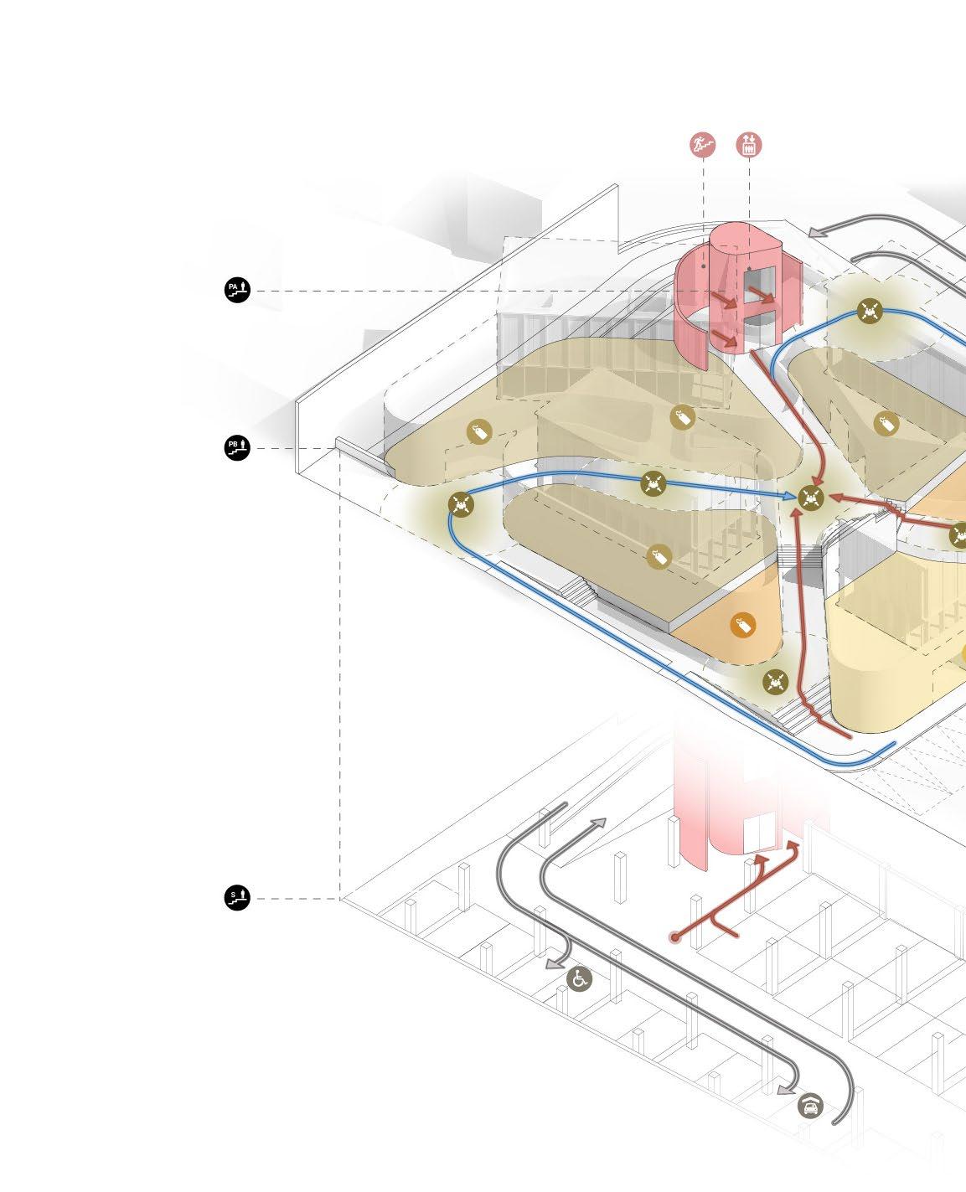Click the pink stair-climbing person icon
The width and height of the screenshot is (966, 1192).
click(704, 145)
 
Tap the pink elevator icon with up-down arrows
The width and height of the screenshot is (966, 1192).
click(749, 145)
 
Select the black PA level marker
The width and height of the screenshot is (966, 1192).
click(237, 290)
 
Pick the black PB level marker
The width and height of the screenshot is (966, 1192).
click(237, 447)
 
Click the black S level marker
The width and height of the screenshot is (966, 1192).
click(237, 899)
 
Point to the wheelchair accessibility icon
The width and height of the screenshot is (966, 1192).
click(579, 978)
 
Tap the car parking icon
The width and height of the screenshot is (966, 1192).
click(810, 1106)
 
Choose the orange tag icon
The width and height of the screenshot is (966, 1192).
click(742, 625)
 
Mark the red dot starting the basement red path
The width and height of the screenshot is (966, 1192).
click(674, 937)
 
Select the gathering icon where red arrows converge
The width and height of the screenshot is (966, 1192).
click(810, 498)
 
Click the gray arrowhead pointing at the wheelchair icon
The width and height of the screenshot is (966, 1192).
click(553, 965)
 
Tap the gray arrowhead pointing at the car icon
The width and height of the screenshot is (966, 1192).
click(784, 1089)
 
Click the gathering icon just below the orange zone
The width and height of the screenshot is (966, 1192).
click(776, 681)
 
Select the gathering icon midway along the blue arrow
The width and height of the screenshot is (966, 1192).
click(653, 482)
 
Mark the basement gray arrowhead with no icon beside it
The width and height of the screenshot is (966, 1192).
click(597, 823)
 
